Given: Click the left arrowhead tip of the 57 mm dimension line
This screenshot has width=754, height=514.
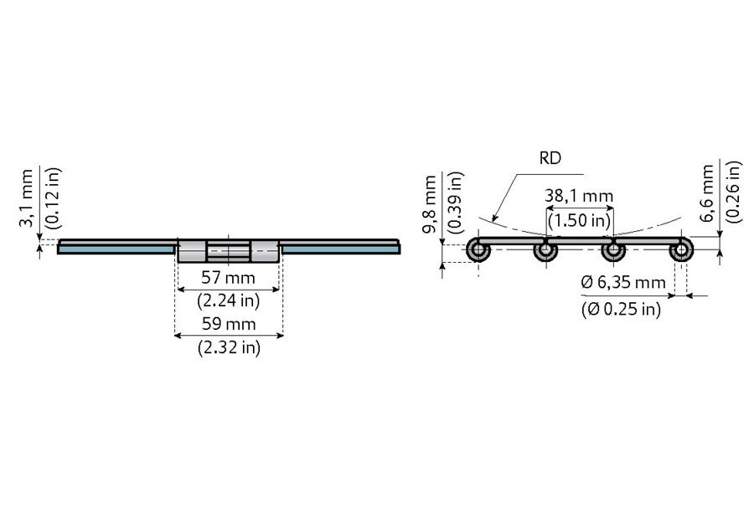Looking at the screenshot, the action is (x=178, y=290).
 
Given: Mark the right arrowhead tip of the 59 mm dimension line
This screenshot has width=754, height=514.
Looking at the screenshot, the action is (x=283, y=336).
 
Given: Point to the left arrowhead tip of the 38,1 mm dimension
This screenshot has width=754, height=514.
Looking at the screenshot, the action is (x=547, y=208).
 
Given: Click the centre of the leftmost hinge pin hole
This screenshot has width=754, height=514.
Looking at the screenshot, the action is (x=478, y=249).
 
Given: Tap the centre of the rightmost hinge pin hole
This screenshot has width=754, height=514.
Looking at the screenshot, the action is (x=681, y=249).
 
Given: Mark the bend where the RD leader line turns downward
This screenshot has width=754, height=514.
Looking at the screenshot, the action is (x=517, y=174).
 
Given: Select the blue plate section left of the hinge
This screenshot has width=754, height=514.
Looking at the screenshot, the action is (x=116, y=249).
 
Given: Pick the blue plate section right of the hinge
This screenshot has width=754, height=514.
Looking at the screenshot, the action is (x=341, y=249).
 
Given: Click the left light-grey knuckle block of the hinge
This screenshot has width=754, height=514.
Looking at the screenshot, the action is (x=193, y=251).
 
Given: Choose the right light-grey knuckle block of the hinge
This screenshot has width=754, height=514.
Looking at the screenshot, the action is (x=265, y=251).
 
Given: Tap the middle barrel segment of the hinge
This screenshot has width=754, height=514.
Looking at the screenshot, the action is (x=229, y=251).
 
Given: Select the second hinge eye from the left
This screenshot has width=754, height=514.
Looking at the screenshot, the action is (x=545, y=249).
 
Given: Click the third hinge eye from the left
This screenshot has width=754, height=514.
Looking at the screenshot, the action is (x=613, y=249).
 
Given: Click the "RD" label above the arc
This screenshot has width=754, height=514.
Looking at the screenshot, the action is (x=550, y=158).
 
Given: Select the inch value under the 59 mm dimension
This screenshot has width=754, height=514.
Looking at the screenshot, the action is (x=229, y=347).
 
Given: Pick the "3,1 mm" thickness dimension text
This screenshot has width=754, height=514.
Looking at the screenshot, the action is (x=26, y=198).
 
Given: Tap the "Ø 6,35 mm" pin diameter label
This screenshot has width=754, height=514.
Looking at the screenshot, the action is (x=623, y=282).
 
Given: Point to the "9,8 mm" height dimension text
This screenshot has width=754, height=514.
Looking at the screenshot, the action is (x=430, y=204).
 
